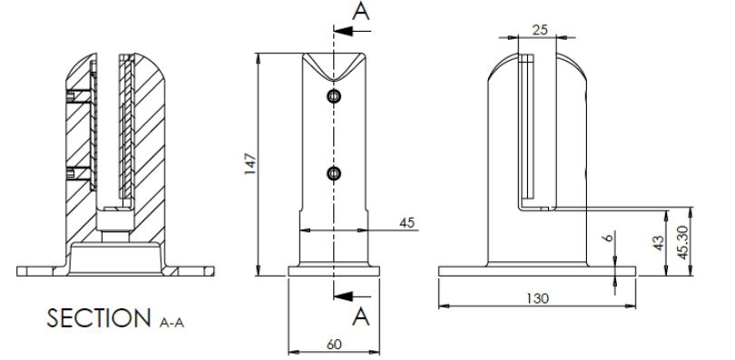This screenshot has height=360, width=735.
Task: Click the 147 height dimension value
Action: tap(250, 164)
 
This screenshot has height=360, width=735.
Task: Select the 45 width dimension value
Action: tap(407, 223)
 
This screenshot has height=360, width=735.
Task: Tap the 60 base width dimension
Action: tap(334, 345)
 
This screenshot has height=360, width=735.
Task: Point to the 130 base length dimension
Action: tap(537, 298)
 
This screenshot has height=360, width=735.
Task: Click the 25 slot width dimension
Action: tap(540, 30)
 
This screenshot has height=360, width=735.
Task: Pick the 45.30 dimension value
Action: tap(683, 242)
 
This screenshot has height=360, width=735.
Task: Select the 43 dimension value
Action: tap(659, 242)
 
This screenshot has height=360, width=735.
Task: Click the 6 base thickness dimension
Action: tap(609, 238)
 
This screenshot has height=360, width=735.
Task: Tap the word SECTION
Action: tap(99, 318)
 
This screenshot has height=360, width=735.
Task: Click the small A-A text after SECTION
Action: tap(171, 323)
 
